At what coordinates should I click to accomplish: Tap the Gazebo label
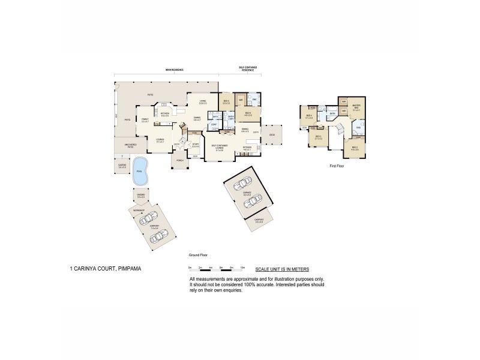[122, 165]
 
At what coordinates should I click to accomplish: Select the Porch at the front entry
[179, 160]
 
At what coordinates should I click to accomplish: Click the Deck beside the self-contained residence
[271, 136]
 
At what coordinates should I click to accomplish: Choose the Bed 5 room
[226, 103]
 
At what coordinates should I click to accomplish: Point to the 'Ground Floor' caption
[197, 254]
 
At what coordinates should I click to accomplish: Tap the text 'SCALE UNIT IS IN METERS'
[282, 270]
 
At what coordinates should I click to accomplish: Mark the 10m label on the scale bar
[242, 266]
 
